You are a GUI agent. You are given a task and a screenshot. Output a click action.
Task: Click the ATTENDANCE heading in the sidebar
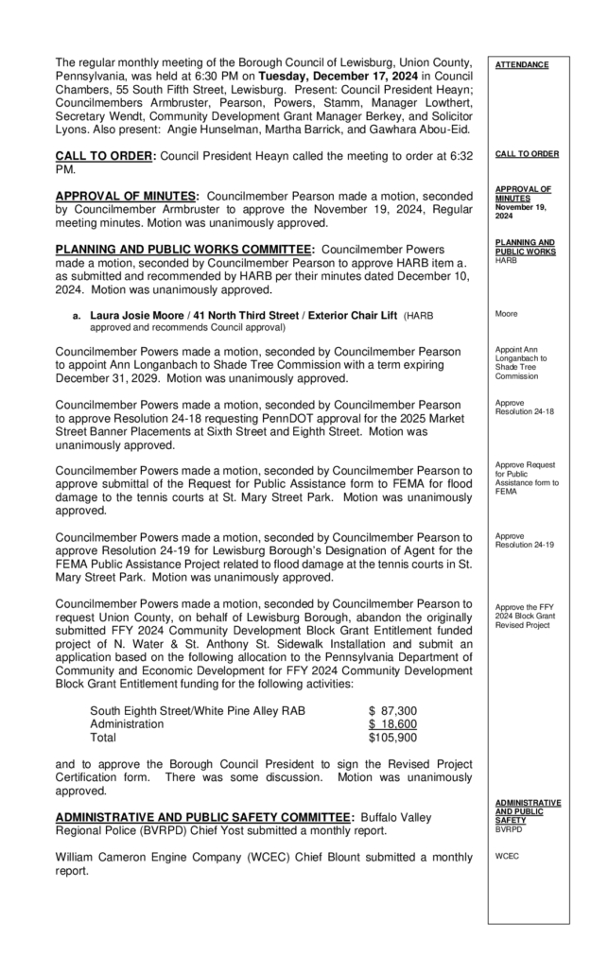[521, 65]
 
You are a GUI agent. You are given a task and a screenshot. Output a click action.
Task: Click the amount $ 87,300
[392, 710]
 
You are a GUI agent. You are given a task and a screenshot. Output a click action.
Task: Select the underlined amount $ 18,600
[392, 724]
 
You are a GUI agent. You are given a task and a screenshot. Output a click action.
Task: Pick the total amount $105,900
[392, 738]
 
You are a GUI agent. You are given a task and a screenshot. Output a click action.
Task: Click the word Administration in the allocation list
[127, 724]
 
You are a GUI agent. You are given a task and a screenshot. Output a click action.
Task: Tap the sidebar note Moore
[506, 313]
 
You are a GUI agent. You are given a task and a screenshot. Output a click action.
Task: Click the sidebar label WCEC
[507, 856]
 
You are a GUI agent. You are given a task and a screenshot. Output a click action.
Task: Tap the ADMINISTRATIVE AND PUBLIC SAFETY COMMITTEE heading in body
[202, 816]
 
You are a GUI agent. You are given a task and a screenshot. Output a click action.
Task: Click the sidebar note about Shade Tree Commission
[520, 363]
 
